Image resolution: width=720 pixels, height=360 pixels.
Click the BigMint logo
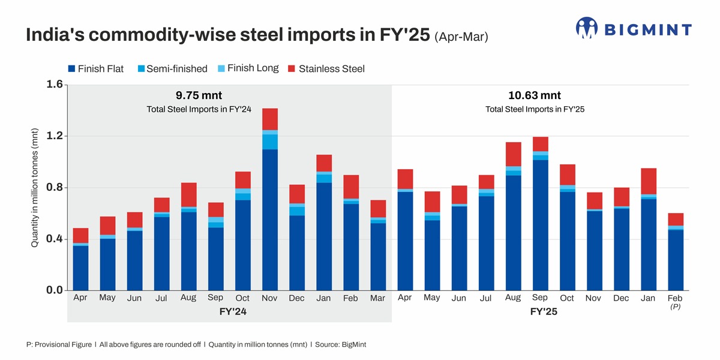pos(634,29)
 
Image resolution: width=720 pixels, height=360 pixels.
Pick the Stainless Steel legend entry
pos(326,68)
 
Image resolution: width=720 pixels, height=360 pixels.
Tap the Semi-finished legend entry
pos(172,68)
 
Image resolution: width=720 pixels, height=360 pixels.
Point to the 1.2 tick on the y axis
pos(55,136)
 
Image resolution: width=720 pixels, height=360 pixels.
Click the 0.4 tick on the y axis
pos(55,239)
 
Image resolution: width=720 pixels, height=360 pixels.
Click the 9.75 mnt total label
pos(199,95)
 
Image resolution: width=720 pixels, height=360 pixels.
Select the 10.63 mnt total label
pos(534,95)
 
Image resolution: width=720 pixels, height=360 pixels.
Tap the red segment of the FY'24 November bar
pos(270,119)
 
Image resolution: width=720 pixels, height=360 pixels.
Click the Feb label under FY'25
pos(675,298)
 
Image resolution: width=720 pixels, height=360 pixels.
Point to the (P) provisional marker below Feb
pos(675,307)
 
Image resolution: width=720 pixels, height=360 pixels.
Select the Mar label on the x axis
pos(378,298)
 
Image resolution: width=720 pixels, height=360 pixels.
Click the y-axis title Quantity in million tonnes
pos(35,188)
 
